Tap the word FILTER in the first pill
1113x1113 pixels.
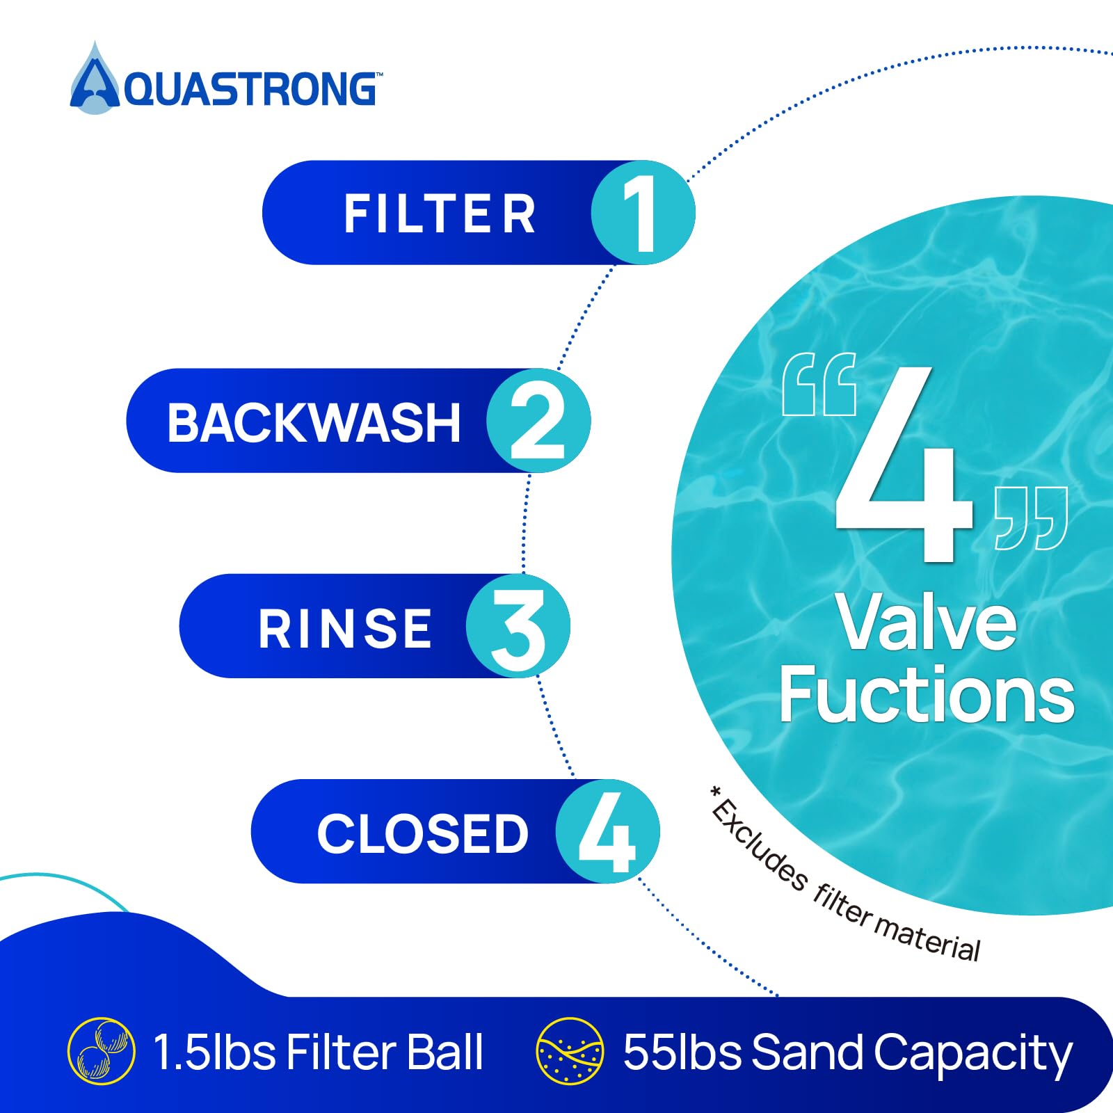(440, 214)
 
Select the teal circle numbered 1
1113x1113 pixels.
(643, 212)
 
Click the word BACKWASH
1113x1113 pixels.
(314, 422)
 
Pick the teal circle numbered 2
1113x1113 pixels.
(538, 420)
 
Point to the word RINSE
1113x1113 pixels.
(345, 629)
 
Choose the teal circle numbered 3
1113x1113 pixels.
(518, 626)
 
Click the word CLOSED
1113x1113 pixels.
(423, 833)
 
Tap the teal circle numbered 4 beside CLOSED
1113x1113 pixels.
(607, 831)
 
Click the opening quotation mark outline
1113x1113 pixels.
(819, 384)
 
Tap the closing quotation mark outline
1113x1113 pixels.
(1031, 518)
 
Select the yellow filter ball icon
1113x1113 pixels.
(101, 1051)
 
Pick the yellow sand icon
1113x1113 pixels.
(570, 1051)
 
